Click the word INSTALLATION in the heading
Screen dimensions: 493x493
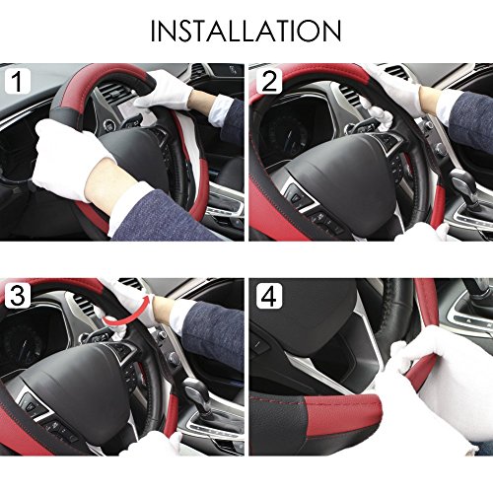coord(246,29)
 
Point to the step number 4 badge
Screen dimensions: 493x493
coord(267,296)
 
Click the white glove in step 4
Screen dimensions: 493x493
coord(434,385)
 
